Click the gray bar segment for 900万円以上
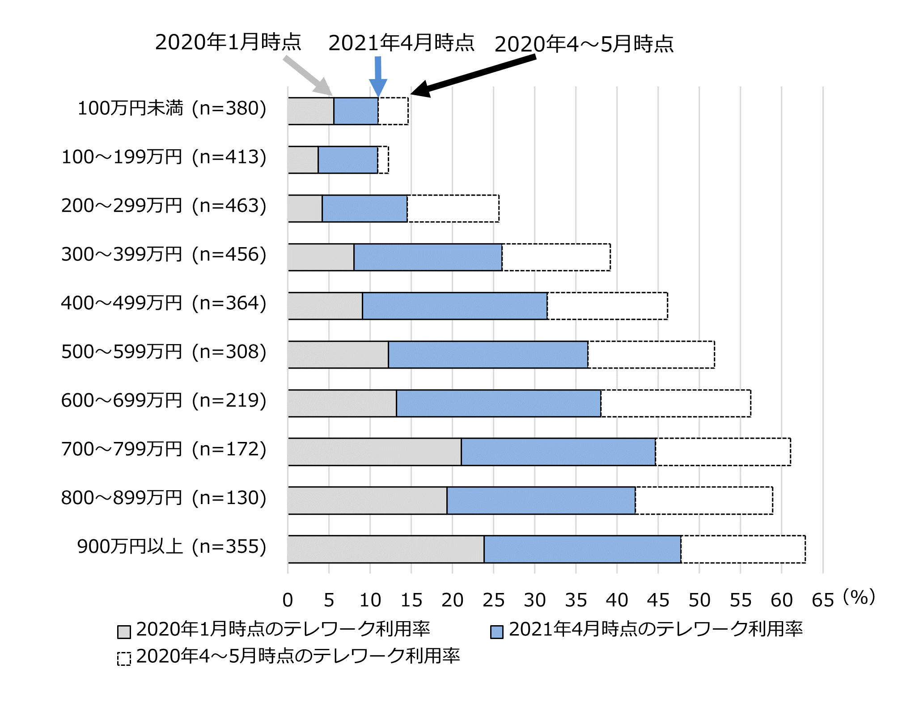(386, 549)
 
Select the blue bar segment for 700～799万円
(558, 452)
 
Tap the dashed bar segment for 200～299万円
(453, 208)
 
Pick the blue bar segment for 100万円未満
(356, 111)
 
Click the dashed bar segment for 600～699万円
(676, 403)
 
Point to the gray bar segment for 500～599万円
(338, 354)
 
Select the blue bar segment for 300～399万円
(428, 257)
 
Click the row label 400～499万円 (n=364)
(164, 303)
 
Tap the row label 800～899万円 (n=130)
(164, 498)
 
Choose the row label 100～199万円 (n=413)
(164, 157)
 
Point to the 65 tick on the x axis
(822, 600)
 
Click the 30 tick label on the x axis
(535, 600)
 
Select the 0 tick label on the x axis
(288, 600)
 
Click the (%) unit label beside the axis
(859, 597)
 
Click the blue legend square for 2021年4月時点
(497, 632)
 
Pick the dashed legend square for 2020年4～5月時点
(124, 659)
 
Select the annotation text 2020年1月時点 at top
(228, 42)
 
